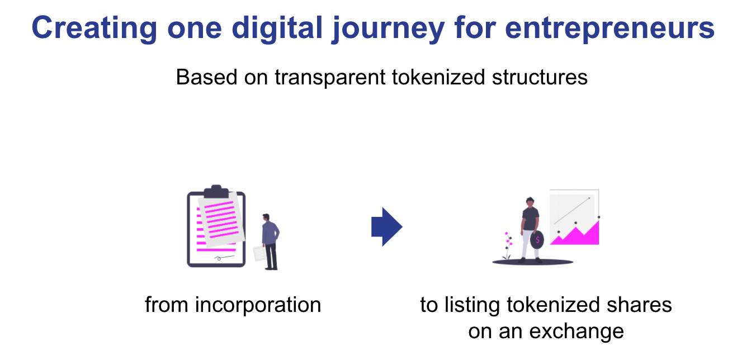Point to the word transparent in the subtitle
330,78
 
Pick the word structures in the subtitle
540,78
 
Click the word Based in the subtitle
206,77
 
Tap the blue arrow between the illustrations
387,226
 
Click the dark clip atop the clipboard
216,191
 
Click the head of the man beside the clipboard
266,217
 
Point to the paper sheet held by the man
259,253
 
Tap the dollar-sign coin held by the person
537,240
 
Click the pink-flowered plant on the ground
508,245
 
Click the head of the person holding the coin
530,202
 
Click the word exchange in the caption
576,331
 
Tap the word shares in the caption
639,305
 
